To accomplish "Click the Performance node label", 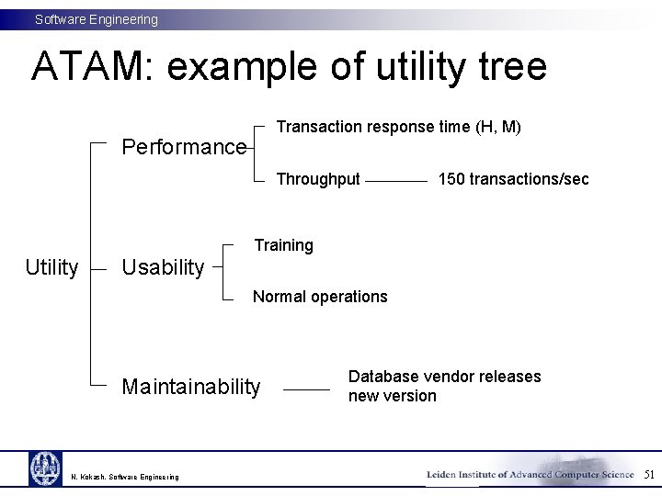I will (184, 147).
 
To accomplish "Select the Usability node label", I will (163, 267).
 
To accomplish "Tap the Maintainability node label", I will (191, 387).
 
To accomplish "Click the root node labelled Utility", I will (51, 267).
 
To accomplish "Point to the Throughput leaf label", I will (318, 179).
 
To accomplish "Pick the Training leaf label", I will (283, 245).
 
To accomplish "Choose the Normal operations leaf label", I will (320, 297).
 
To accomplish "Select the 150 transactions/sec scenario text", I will (513, 179).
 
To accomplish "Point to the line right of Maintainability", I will (306, 389).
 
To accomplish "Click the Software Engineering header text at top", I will (97, 19).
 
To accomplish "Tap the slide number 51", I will (649, 475).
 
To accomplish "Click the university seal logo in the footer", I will (44, 468).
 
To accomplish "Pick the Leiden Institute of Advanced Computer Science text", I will (530, 475).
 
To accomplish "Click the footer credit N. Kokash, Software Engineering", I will (125, 477).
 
